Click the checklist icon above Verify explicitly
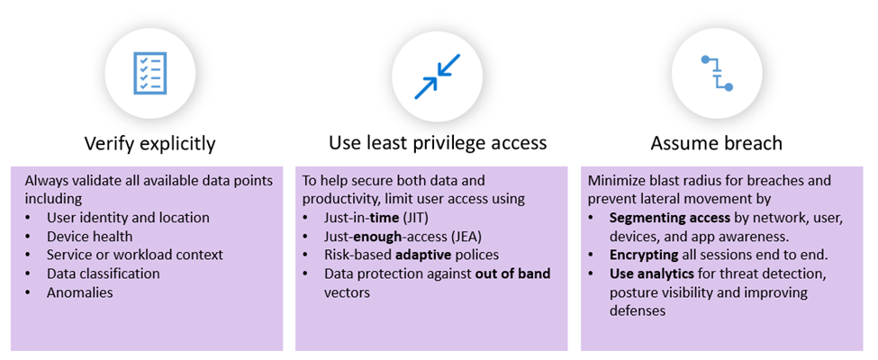click(x=149, y=73)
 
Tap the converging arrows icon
click(x=438, y=76)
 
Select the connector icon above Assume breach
click(x=718, y=73)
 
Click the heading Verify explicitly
click(x=149, y=144)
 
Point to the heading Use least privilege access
click(x=438, y=143)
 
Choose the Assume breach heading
click(x=716, y=143)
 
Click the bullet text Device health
click(x=89, y=237)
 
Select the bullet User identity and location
click(x=128, y=218)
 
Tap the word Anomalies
click(x=80, y=292)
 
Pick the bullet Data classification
click(x=104, y=274)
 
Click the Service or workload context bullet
click(x=135, y=255)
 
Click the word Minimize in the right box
click(x=613, y=181)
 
